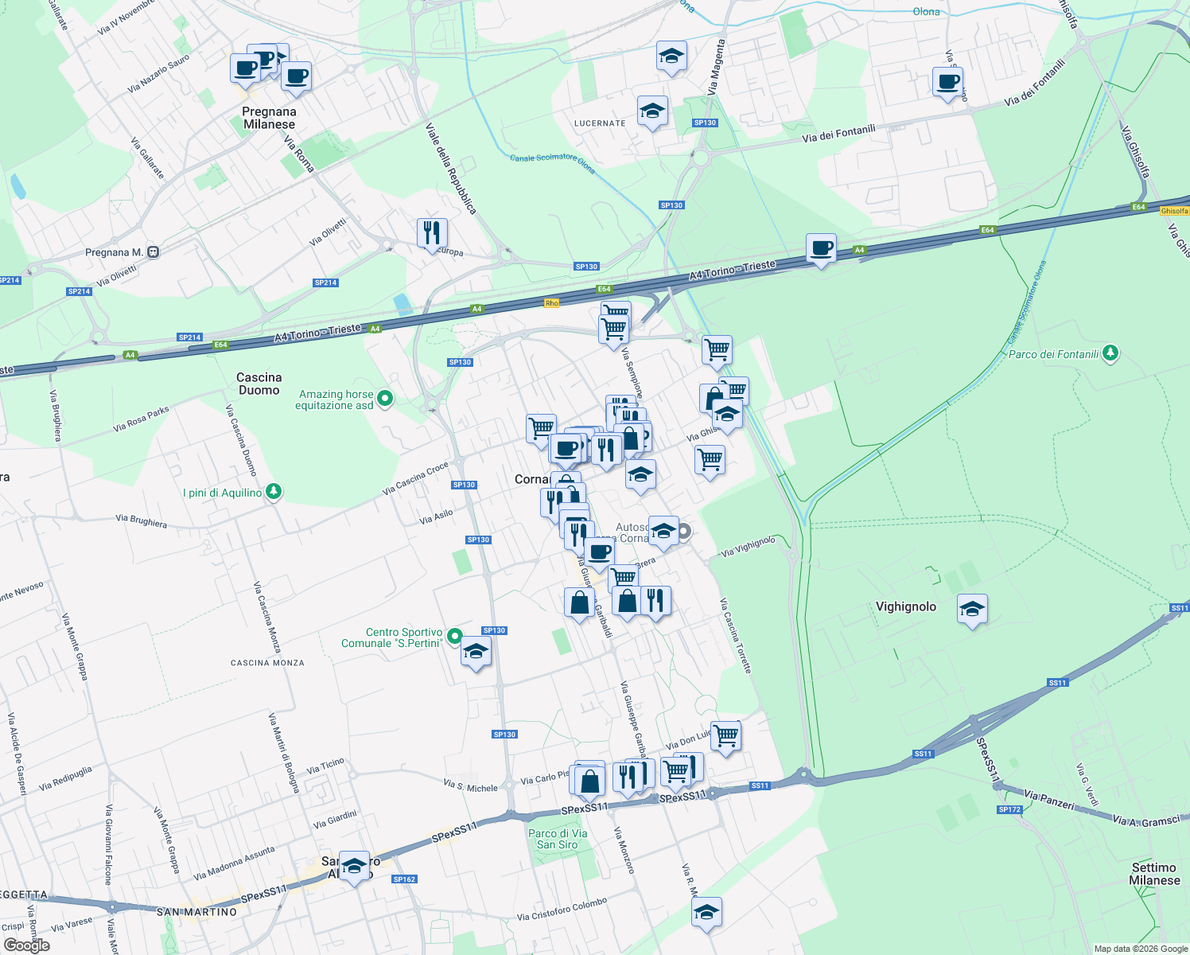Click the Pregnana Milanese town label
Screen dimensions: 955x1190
pos(269,118)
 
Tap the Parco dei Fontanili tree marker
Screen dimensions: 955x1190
pos(1110,353)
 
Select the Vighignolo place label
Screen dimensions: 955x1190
pos(905,606)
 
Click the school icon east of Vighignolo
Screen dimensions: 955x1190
pos(972,610)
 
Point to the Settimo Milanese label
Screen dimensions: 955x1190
pos(1154,874)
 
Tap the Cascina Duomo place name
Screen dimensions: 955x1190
pos(259,384)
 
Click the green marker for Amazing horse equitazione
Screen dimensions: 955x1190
pos(385,398)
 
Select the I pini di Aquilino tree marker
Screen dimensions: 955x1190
pos(274,491)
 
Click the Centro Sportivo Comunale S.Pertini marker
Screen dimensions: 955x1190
pos(454,636)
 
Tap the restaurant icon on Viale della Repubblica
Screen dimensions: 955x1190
pos(432,232)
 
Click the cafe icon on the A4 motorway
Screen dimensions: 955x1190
pos(822,248)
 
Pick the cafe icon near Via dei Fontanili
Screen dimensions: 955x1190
pos(947,81)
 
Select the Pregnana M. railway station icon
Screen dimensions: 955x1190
pos(154,252)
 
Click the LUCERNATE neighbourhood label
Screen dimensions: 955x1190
pos(600,123)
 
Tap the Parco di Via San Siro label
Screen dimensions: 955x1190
pos(558,839)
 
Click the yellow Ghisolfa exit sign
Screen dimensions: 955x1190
pos(1174,211)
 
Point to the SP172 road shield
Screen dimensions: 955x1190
pos(1009,809)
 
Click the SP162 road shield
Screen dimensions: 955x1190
pos(404,879)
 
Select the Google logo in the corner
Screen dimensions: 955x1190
pos(26,945)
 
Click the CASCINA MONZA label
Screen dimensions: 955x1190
pos(267,663)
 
